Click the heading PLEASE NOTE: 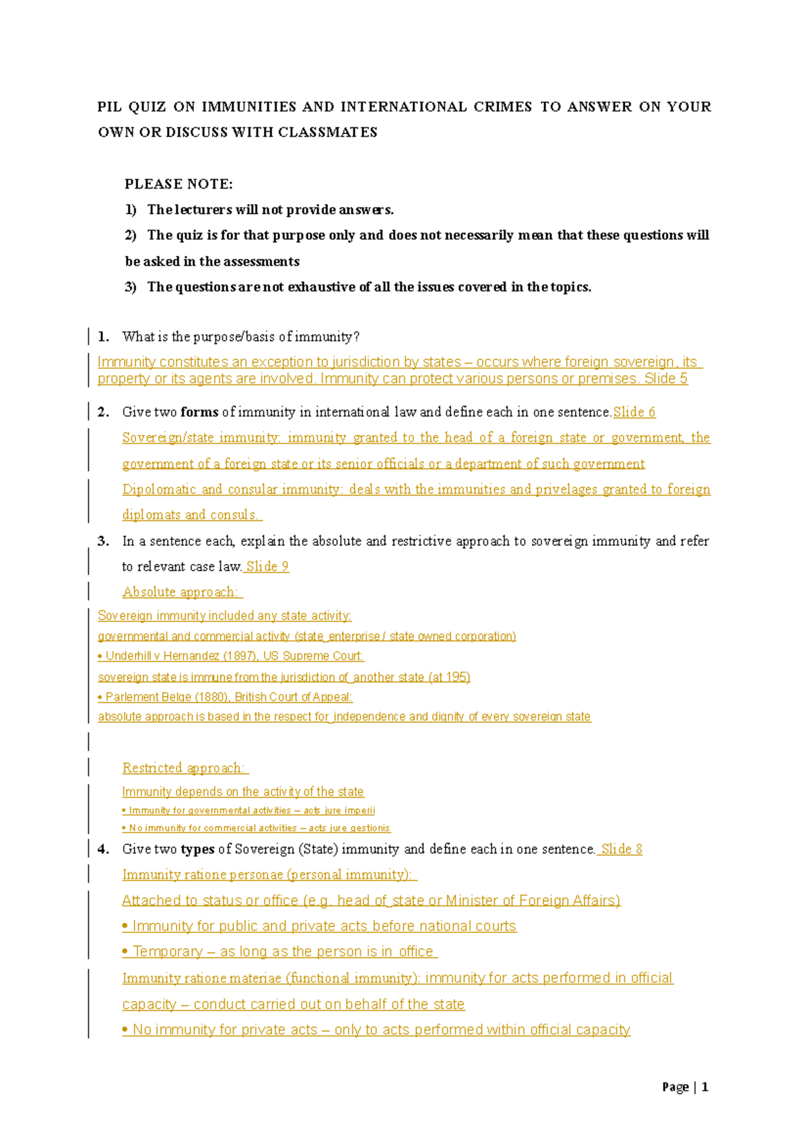[178, 184]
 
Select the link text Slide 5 [666, 379]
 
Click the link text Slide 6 [634, 412]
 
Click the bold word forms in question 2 [199, 412]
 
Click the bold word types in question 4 [197, 850]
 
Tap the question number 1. [103, 337]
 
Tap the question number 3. [103, 541]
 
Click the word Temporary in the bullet [168, 952]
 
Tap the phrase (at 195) [449, 677]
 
